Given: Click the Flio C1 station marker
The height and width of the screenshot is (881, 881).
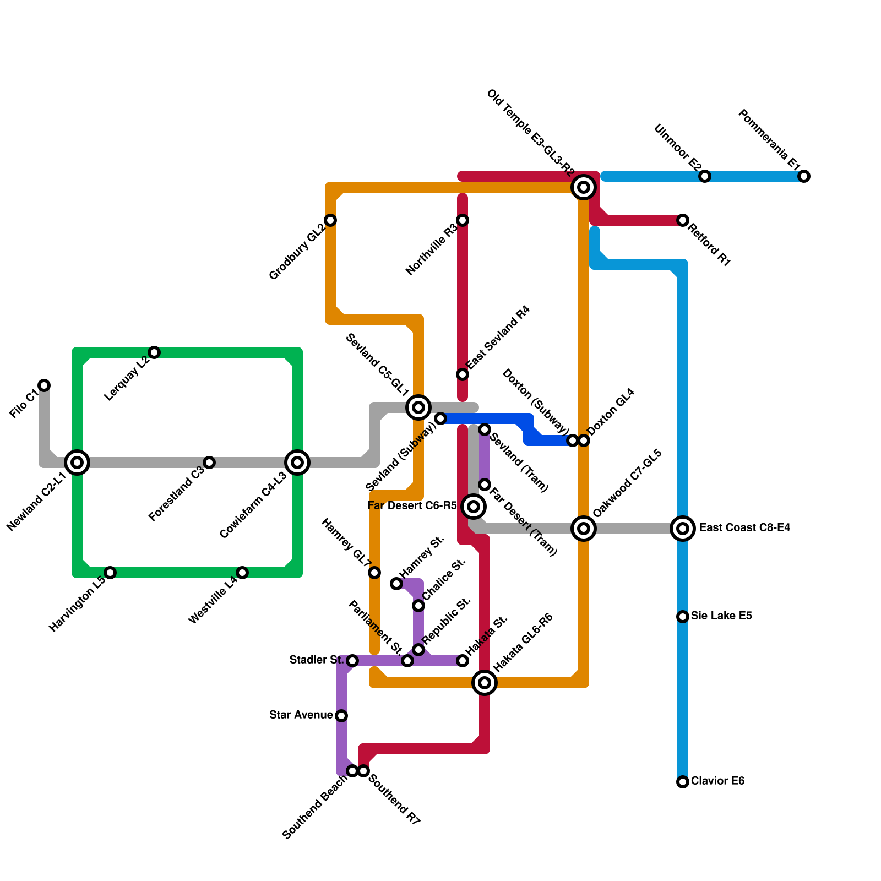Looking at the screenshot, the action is pos(44,385).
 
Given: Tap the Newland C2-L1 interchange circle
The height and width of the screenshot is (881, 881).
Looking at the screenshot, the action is pos(77,463).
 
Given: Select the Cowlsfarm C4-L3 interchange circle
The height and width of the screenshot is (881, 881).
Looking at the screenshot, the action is pos(297,463).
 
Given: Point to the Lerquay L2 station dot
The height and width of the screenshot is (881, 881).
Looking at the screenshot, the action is pos(154,352).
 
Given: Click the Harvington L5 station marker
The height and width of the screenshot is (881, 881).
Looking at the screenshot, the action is pos(110,573).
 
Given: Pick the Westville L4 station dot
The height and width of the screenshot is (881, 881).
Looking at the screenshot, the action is pos(242,573).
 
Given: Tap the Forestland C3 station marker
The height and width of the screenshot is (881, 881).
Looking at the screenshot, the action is pos(209,463).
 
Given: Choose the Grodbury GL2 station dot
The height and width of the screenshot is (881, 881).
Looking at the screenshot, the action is pos(330,220).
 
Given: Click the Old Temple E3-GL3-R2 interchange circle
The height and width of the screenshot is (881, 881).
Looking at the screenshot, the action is pos(584,187).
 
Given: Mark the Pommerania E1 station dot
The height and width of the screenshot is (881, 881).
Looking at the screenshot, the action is pos(804,176).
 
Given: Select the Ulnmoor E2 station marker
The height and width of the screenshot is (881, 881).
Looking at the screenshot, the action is pos(705,176).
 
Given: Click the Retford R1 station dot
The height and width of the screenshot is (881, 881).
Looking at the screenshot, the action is pos(683,220).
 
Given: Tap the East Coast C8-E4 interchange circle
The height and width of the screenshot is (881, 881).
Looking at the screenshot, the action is pos(683,529).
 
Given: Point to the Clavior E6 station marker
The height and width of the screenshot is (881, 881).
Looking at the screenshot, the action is pos(683,782).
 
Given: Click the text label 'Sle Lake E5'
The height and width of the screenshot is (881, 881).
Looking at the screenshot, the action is pos(721,616).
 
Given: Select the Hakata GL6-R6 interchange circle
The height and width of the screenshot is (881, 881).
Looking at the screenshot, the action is pos(485,683).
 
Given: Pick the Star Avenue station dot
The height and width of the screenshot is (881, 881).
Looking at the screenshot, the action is pos(341,716).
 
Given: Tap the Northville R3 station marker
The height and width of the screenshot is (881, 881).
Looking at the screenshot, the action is pos(463,220).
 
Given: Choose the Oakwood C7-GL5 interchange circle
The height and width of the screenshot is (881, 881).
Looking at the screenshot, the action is pos(584,529).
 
